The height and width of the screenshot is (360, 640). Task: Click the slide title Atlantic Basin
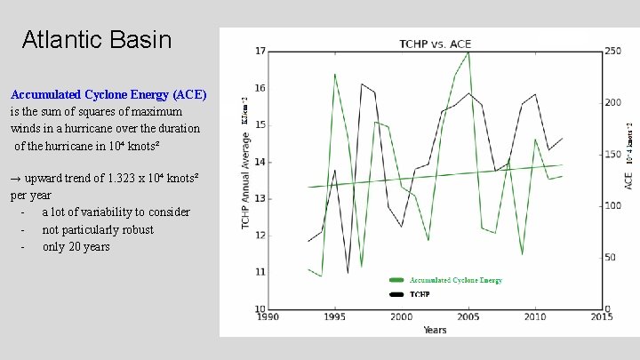tap(96, 40)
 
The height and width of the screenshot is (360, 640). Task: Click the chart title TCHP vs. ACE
tap(435, 44)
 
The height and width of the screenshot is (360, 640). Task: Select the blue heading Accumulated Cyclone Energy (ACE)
tap(108, 93)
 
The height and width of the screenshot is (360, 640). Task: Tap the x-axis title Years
tap(435, 330)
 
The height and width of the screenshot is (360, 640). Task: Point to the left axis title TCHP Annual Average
tap(245, 181)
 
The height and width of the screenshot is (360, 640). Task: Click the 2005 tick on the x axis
tap(468, 316)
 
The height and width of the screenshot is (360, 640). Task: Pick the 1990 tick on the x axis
tap(268, 316)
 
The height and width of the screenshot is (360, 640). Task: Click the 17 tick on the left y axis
tap(260, 51)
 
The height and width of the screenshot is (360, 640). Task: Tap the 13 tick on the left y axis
tap(260, 198)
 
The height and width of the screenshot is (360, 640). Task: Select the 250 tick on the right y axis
tap(613, 51)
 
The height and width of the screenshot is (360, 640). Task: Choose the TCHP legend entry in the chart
tap(420, 293)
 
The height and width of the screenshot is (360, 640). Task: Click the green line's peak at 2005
tap(468, 52)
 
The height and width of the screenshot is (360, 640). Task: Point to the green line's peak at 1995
tap(334, 74)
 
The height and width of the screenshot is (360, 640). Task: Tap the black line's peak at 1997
tap(361, 84)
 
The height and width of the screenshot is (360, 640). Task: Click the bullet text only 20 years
tap(76, 247)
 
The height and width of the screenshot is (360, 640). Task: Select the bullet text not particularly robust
tap(98, 229)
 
